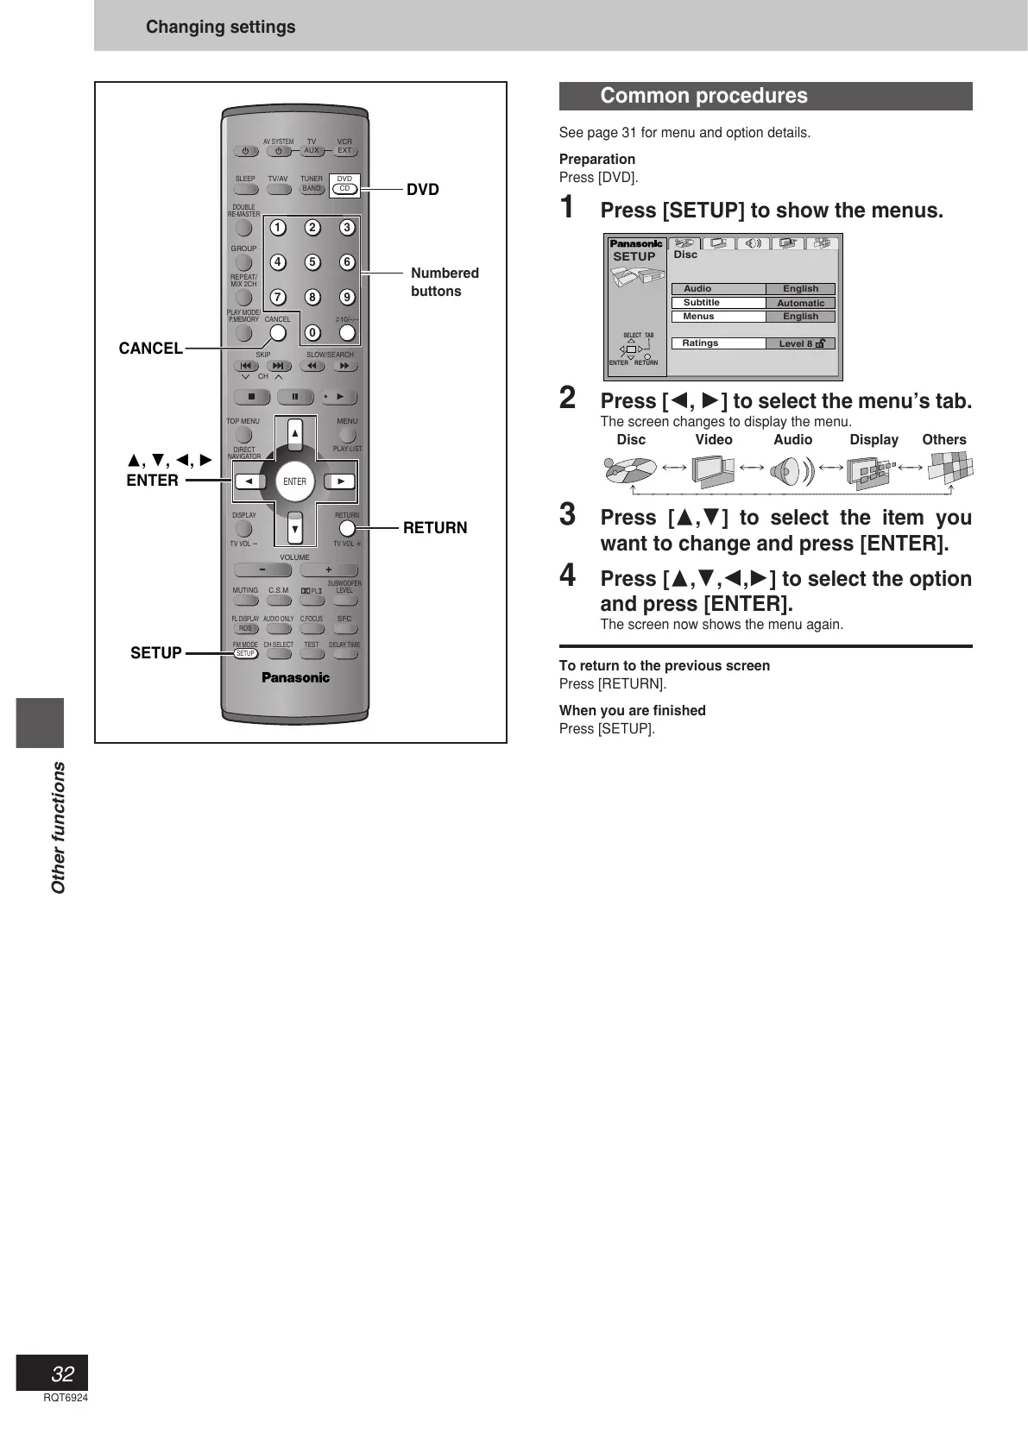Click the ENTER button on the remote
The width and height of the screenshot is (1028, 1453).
point(294,481)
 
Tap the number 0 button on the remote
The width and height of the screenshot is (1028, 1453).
point(312,333)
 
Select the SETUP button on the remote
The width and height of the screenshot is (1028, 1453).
point(246,653)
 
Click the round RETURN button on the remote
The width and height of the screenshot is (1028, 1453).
point(347,528)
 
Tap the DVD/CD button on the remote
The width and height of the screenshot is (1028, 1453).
point(344,188)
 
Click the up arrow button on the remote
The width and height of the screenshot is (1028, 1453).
point(295,433)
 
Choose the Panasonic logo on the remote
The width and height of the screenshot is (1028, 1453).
point(295,677)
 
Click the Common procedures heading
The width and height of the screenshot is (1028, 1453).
point(703,96)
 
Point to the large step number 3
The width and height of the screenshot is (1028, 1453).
point(568,514)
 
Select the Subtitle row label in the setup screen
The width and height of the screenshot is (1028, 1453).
point(702,303)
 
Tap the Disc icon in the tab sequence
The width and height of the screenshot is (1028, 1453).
point(630,470)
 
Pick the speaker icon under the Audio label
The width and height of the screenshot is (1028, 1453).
point(792,470)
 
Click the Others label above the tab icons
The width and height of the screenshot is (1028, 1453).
point(943,440)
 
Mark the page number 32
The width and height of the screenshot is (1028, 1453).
point(62,1374)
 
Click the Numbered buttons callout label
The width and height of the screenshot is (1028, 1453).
point(445,282)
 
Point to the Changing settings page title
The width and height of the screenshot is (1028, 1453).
point(220,27)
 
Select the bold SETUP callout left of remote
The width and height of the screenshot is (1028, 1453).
point(156,653)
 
